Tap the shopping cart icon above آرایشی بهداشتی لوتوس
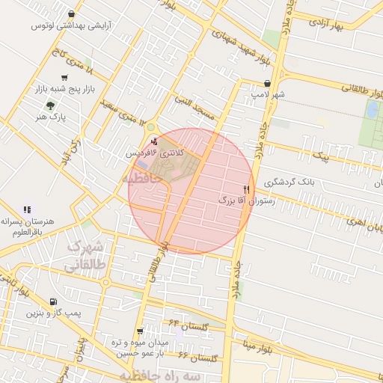point(71,13)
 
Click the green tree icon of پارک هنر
point(50,105)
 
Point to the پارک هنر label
point(52,117)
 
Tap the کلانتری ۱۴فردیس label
point(154,152)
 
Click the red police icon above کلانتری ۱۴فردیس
point(155,141)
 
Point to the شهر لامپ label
point(268,96)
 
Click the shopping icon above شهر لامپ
point(268,84)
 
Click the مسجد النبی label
point(194,108)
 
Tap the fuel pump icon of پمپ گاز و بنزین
point(52,301)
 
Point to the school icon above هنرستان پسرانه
point(27,210)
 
